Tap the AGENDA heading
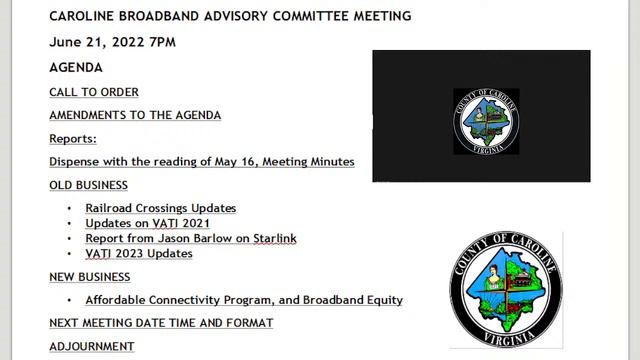76,68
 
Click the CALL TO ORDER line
94,92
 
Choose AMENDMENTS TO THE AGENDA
135,115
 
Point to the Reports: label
73,138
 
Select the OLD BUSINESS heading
88,185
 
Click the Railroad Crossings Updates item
160,208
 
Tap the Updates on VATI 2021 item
147,223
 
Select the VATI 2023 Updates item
139,253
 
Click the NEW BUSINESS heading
90,277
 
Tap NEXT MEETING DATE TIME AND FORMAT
161,323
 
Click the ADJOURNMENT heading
92,346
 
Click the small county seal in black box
486,121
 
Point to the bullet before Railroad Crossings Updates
69,208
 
